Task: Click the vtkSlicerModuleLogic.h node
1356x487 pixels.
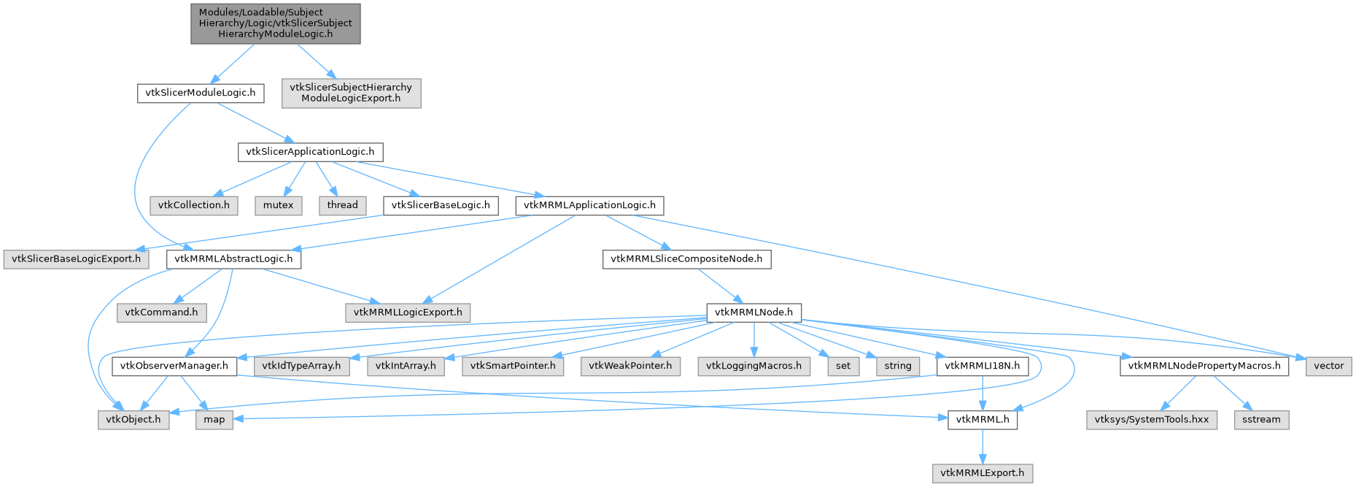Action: click(200, 93)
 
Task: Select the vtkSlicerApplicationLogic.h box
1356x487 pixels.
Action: click(310, 152)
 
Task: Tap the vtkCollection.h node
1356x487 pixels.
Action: click(193, 205)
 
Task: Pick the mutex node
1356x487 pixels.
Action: click(278, 205)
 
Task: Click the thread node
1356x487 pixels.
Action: click(342, 205)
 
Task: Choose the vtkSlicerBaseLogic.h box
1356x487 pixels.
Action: click(441, 205)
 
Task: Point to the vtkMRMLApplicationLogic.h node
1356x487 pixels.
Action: click(589, 205)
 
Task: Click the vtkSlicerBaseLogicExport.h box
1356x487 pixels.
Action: click(76, 259)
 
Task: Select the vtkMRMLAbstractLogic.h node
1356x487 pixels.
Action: click(233, 259)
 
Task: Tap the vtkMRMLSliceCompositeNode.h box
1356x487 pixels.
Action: click(686, 259)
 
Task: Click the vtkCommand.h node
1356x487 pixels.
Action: click(161, 312)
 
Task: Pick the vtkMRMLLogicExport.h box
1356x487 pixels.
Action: click(408, 312)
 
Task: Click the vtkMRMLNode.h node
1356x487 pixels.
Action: click(753, 312)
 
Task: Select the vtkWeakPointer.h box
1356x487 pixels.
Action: click(630, 366)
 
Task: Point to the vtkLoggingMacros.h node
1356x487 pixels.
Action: click(753, 366)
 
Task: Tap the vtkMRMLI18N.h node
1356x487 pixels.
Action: click(982, 366)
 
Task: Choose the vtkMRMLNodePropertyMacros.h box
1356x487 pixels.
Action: click(1204, 366)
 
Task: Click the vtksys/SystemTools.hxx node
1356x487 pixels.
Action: click(1151, 420)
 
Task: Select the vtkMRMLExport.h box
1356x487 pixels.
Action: click(982, 473)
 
